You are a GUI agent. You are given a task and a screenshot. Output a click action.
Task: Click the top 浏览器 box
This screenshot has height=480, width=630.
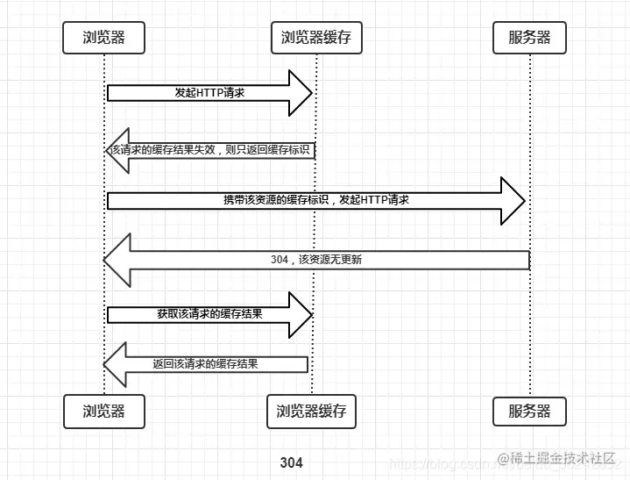[x=103, y=38]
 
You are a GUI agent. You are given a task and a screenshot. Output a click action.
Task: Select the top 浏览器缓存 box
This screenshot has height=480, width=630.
[x=315, y=38]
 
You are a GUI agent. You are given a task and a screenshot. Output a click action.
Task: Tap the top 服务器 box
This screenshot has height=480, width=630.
[x=529, y=38]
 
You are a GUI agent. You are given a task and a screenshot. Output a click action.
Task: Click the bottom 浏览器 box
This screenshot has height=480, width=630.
[x=103, y=411]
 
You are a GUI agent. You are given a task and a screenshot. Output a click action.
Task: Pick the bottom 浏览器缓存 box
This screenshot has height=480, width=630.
[x=311, y=411]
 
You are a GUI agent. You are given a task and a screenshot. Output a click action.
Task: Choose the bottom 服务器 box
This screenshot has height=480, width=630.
[x=529, y=411]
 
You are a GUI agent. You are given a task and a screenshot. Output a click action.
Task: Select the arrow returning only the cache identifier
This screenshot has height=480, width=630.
[x=210, y=150]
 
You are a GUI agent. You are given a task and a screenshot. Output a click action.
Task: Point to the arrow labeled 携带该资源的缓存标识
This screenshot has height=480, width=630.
[x=315, y=200]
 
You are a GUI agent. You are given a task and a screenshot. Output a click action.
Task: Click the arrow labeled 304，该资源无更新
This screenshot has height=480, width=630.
[x=315, y=260]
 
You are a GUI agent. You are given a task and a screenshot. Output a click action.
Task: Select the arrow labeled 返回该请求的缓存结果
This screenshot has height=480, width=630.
[x=206, y=363]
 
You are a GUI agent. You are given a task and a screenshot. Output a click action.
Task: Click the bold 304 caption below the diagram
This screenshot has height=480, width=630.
[x=292, y=462]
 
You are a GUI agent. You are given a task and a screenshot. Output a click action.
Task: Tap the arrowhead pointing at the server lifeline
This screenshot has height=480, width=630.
[x=513, y=200]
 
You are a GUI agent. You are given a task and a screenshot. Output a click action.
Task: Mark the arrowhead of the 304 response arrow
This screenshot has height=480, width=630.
[x=117, y=260]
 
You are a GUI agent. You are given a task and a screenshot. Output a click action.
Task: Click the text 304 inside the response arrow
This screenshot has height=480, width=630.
[x=280, y=260]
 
